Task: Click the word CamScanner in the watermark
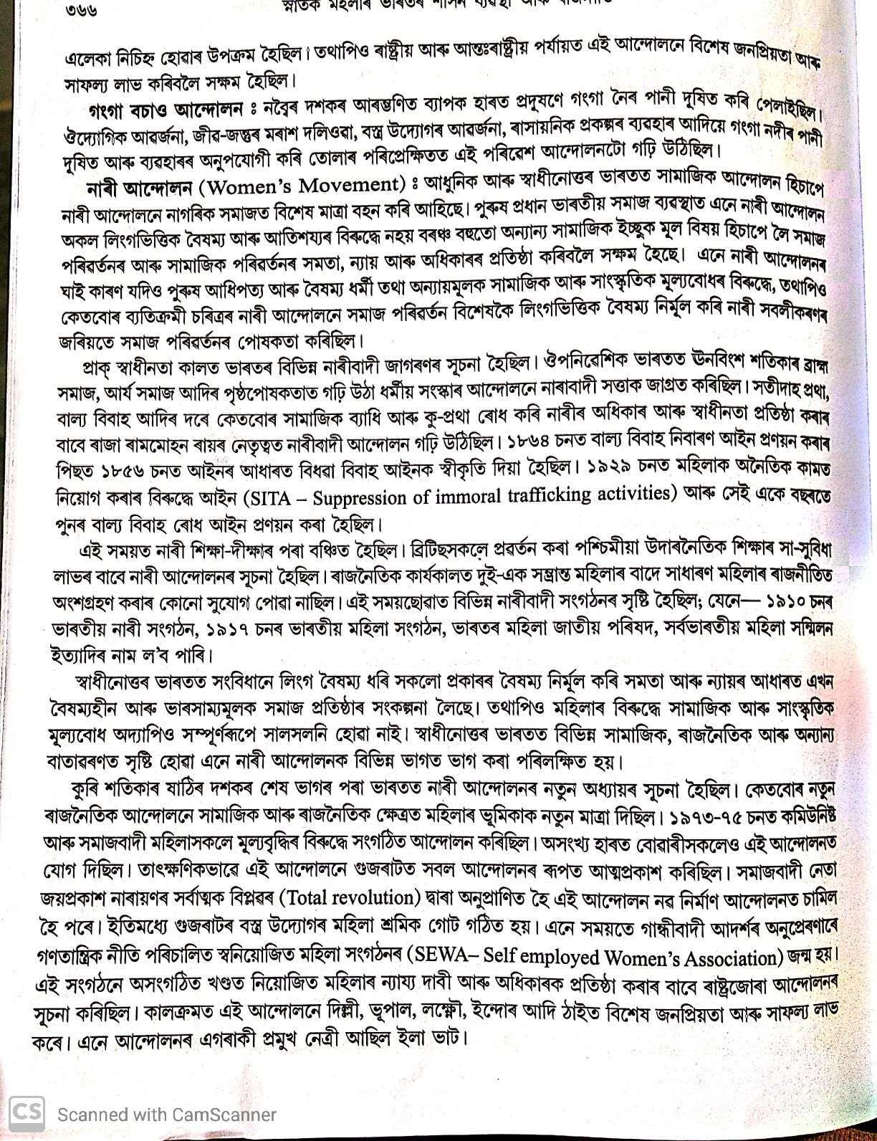(222, 1114)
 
